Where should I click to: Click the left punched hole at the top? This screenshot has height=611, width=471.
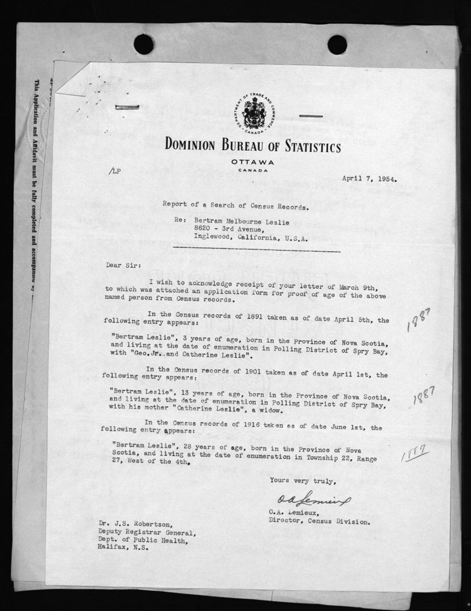[x=144, y=44]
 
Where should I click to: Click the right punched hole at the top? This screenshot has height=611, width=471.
[x=337, y=44]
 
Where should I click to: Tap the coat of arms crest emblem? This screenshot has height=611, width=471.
[x=254, y=113]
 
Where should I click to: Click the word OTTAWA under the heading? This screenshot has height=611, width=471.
[x=253, y=162]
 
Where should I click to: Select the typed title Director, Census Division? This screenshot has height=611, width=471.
[x=319, y=521]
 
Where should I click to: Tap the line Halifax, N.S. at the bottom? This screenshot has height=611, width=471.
[x=124, y=549]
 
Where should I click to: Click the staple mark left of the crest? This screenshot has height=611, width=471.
[x=126, y=107]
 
